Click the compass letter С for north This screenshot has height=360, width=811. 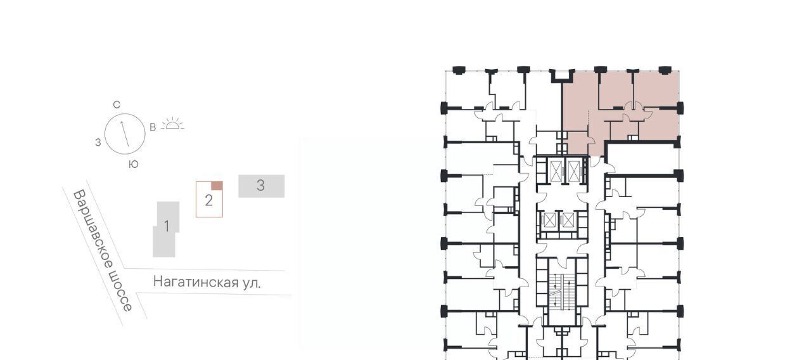coord(117,105)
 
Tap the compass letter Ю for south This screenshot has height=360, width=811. coord(134,164)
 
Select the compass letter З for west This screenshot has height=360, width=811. coord(98,143)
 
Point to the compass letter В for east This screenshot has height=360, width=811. coord(153,127)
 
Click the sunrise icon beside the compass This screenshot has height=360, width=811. coord(172,124)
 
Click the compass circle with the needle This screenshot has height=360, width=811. coord(125,134)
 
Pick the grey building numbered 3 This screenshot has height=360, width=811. coord(261,186)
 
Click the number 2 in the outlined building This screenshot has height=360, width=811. coord(208,201)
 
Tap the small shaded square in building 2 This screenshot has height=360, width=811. coord(217,186)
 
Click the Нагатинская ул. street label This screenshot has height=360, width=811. coord(207,281)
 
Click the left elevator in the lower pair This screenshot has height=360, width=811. coord(549,221)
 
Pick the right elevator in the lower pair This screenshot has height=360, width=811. coord(568,221)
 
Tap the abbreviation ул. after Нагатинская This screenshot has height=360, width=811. coord(252,283)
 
